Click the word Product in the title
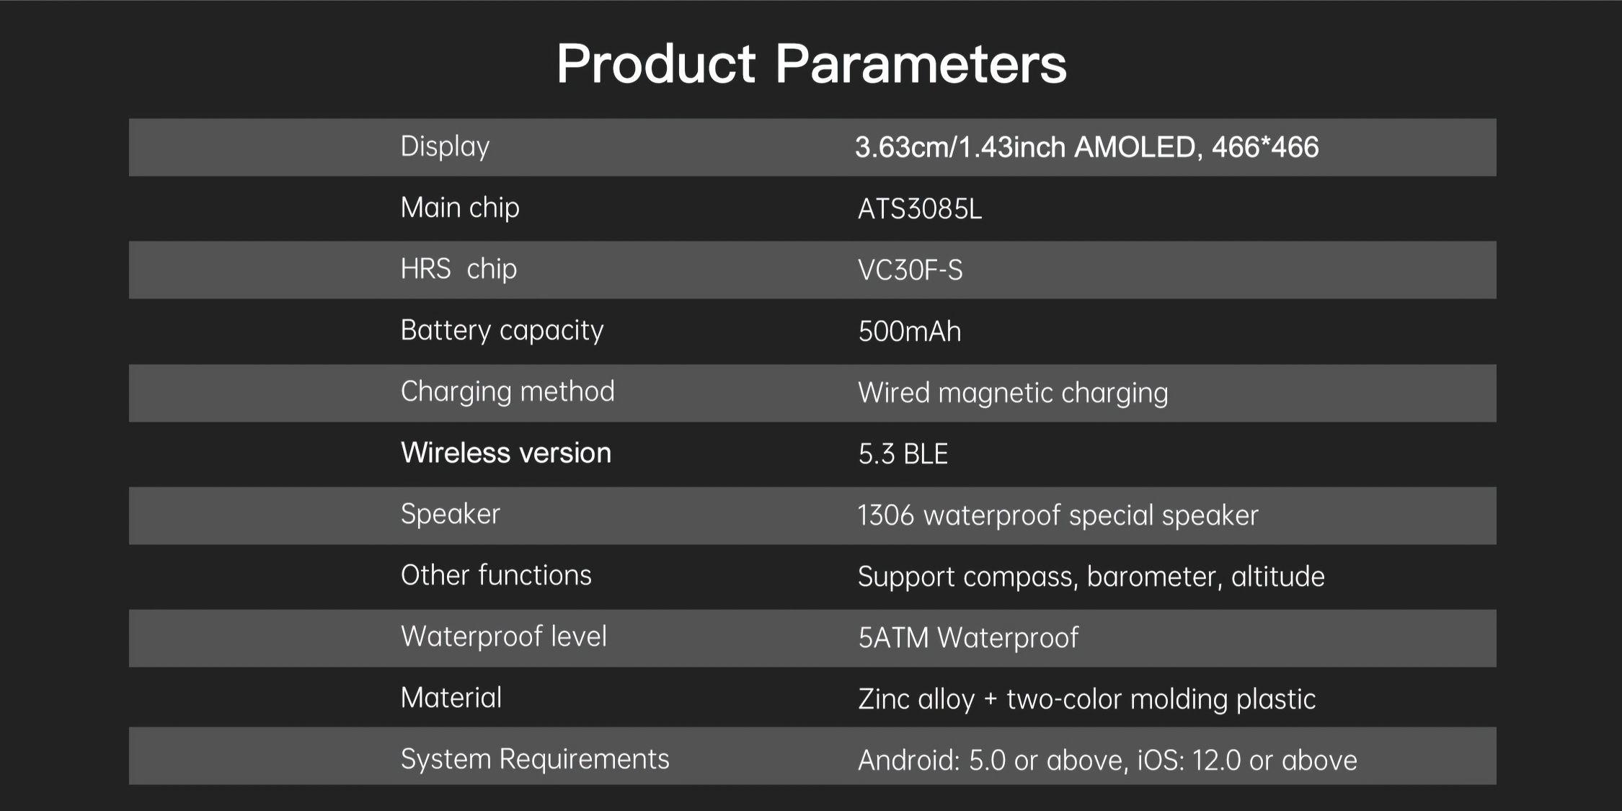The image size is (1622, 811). (655, 63)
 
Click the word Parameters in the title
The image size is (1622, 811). (921, 63)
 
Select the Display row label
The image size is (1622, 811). (445, 146)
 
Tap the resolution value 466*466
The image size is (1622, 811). (1265, 147)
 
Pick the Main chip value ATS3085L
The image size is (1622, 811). (920, 209)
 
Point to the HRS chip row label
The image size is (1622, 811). (458, 269)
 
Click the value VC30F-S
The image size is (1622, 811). (910, 270)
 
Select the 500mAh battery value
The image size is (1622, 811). (910, 332)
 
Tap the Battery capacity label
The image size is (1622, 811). (502, 331)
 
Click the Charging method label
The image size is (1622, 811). (508, 391)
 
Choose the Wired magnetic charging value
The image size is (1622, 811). (1013, 393)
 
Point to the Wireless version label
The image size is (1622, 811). (506, 453)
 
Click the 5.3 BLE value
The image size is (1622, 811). (903, 454)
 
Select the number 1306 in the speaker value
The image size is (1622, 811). (886, 515)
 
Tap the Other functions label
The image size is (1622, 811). (496, 575)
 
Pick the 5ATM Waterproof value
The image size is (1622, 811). (968, 638)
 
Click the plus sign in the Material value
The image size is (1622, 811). (991, 699)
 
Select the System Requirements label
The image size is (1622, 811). (535, 759)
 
